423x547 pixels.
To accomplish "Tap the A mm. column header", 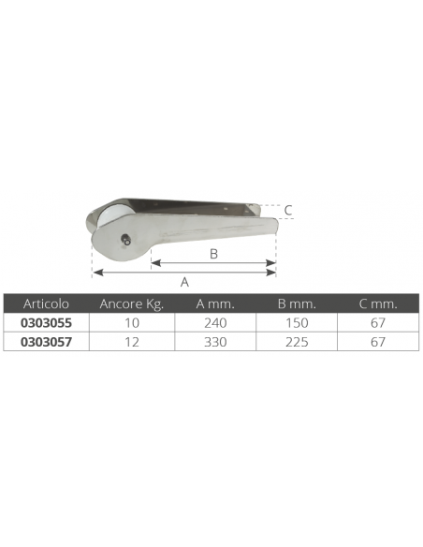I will pos(215,303).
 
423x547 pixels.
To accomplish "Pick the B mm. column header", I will pos(297,303).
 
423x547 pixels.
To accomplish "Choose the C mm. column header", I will pos(378,303).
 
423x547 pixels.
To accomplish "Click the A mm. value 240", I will pos(215,321).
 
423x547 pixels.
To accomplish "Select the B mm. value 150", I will pos(297,321).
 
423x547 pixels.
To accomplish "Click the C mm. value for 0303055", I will pos(378,321).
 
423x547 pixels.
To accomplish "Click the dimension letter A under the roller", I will pos(184,281).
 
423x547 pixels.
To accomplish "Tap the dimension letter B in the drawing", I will pos(213,254).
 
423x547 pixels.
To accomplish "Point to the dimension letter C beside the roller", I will pos(288,211).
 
